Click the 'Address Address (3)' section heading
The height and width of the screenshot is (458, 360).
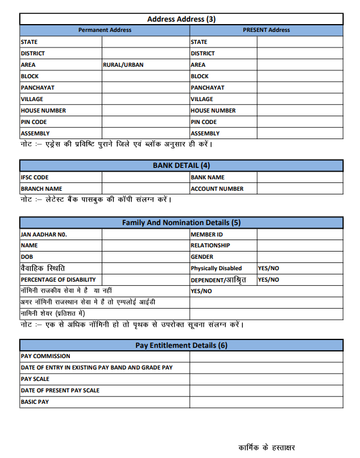181,19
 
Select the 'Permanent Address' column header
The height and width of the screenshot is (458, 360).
105,30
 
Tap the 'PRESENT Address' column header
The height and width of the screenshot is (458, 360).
266,30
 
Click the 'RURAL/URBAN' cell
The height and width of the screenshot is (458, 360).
123,65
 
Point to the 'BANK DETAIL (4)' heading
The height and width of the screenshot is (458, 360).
181,166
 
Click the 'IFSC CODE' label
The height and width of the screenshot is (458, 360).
35,178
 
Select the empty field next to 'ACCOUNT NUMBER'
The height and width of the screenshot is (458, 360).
300,189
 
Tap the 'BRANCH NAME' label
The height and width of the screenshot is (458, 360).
42,189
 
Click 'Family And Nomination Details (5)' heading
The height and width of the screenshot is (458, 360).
181,223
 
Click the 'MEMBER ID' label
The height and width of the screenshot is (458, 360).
206,234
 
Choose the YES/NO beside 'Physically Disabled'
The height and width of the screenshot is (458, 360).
268,268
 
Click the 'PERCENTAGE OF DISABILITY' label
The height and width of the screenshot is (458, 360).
58,280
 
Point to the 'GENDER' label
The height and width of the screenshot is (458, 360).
202,257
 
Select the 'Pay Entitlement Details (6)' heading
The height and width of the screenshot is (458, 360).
181,345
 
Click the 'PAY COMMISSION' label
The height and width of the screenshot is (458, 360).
46,356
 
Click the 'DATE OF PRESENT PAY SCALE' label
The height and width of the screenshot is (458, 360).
60,391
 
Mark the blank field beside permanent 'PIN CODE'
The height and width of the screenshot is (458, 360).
145,122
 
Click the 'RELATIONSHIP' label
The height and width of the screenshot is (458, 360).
210,246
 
